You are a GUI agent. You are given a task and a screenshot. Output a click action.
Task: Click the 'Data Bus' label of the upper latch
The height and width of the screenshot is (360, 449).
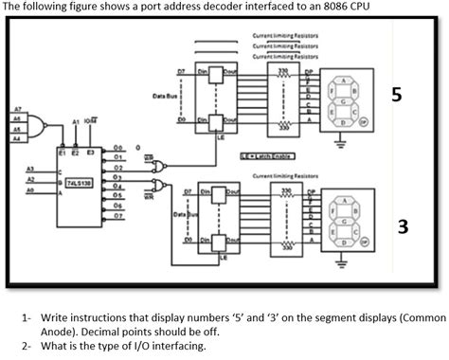tap(152, 95)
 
